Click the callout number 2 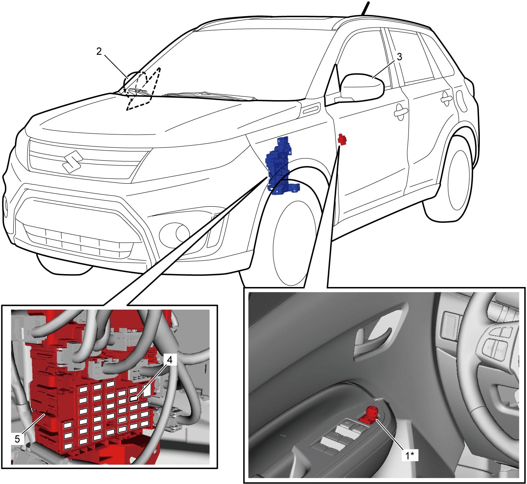click(99, 52)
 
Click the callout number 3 click(399, 57)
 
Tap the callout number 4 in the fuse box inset click(170, 360)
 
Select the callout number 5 click(17, 439)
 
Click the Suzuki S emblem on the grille click(73, 161)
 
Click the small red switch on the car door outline click(342, 139)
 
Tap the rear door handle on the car click(447, 98)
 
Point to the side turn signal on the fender click(312, 109)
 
